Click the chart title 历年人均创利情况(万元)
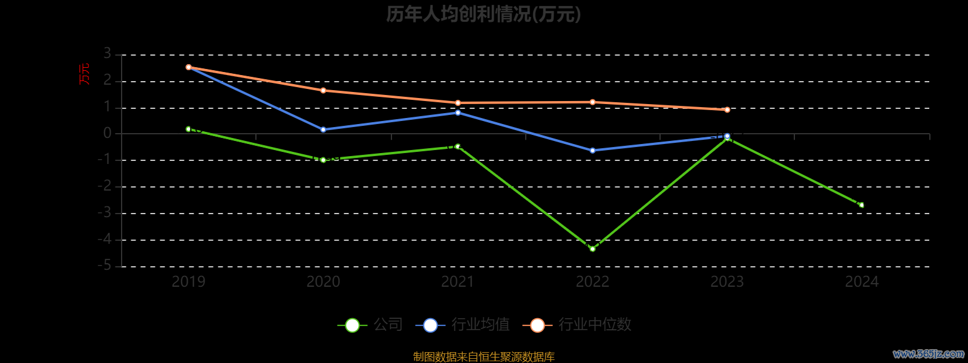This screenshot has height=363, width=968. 483,14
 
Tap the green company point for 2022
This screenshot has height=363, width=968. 592,249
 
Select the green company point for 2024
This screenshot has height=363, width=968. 862,205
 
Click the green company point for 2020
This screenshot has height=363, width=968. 323,160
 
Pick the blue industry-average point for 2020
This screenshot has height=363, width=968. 323,129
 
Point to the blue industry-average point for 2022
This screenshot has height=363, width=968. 592,150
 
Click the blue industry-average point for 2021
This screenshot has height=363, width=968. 458,113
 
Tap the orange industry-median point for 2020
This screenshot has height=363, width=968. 323,91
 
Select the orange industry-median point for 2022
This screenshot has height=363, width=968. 592,102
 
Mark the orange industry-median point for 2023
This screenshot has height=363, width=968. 727,110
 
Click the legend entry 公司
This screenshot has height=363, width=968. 370,325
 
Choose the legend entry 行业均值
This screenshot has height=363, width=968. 463,325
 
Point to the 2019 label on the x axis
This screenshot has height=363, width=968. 188,281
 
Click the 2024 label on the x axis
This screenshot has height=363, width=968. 862,281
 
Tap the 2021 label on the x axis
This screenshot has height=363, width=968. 458,281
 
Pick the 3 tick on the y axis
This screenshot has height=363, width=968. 108,54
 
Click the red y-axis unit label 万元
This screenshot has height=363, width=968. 84,74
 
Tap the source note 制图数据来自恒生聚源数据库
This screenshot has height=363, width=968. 483,357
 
